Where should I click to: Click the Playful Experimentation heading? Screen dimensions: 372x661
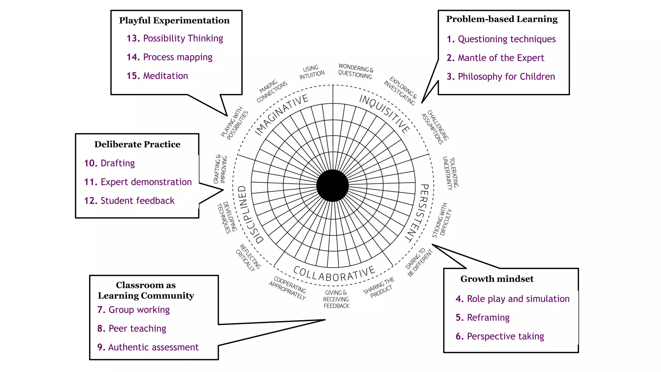(x=174, y=20)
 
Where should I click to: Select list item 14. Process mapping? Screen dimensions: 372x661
(x=169, y=57)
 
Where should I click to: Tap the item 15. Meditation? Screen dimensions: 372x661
(x=157, y=76)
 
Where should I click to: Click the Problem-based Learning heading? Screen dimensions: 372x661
(x=502, y=19)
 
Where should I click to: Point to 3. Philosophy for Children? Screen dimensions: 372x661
(x=501, y=77)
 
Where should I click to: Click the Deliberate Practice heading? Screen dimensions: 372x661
(x=137, y=144)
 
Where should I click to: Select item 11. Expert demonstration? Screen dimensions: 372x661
(x=138, y=182)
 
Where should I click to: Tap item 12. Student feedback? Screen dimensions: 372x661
(x=129, y=201)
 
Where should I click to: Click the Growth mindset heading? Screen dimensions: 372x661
(x=497, y=279)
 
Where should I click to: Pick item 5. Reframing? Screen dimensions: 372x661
(x=483, y=318)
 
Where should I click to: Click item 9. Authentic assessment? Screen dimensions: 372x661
(x=148, y=347)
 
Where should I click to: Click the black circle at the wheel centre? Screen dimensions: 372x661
(x=332, y=186)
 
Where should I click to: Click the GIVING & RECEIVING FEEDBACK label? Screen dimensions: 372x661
(x=336, y=299)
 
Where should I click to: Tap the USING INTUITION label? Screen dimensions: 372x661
(x=311, y=72)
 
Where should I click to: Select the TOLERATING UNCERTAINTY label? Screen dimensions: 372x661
(x=450, y=173)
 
